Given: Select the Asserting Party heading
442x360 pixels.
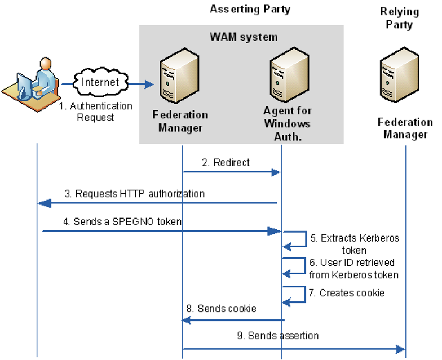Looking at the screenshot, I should point(250,9).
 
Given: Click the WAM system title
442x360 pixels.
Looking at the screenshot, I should point(243,35).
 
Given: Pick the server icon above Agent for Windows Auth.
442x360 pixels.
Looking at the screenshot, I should point(285,76).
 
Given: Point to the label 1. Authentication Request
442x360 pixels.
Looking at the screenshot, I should point(95,112).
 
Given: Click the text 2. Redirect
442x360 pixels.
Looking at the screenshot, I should point(226,163).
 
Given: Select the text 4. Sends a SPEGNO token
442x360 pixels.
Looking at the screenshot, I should point(112,222).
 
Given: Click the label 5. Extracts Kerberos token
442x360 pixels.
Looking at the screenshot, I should point(355,244).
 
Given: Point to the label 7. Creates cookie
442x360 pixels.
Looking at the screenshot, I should point(346,293).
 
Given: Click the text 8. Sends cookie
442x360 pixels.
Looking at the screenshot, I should point(221,308).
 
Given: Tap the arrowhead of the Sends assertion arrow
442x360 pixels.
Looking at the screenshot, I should point(400,350).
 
